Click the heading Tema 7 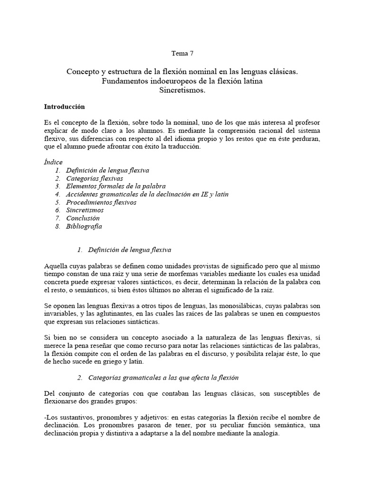(x=182, y=53)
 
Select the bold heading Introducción (x=64, y=107)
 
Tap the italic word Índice (x=53, y=162)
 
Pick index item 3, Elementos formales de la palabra (x=115, y=186)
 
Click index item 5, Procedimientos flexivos (x=101, y=202)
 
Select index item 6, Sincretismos (x=85, y=210)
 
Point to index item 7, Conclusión (x=83, y=218)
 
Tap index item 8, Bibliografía (x=84, y=226)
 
